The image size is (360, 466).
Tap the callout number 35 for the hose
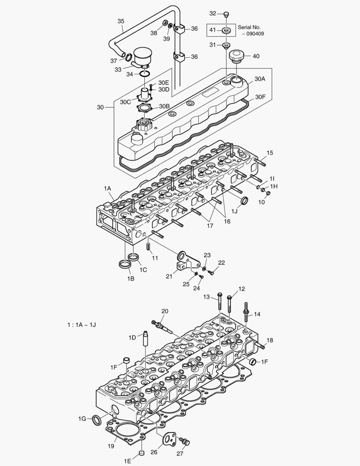tap(121, 21)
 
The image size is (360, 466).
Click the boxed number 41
tap(213, 30)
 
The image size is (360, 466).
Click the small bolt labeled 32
tap(226, 15)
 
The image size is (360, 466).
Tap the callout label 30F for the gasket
tap(260, 97)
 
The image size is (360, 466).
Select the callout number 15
tap(269, 153)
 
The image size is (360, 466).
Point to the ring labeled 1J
tap(244, 200)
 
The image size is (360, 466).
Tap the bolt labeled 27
tap(186, 441)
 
